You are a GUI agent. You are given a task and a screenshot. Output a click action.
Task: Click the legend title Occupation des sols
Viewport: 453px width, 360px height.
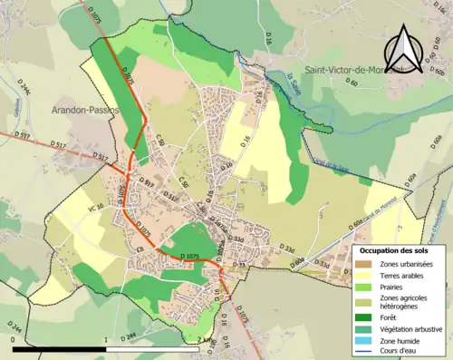point(393,249)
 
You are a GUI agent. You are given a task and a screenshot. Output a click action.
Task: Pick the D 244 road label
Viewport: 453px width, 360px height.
point(14,327)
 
